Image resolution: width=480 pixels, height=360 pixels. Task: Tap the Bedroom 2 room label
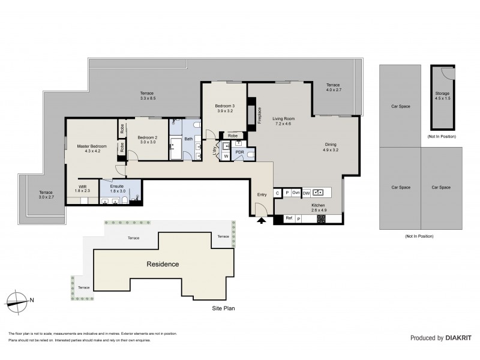[x=147, y=139]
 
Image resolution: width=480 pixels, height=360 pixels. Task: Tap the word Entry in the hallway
[x=262, y=194]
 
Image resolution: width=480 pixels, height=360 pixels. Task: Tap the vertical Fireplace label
[x=260, y=115]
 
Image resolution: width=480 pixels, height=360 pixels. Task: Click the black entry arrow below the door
[x=261, y=221]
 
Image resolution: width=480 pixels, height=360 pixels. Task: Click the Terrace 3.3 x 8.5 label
[x=147, y=95]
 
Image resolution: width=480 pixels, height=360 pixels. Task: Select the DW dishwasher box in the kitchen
[x=305, y=193]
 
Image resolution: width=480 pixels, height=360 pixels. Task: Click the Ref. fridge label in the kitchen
[x=289, y=218]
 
